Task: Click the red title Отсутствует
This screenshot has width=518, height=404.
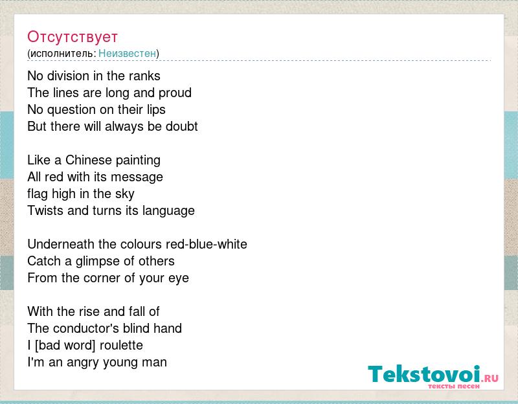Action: (x=73, y=37)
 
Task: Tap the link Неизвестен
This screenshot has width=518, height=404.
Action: (x=127, y=53)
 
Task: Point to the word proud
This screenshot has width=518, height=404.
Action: (x=175, y=93)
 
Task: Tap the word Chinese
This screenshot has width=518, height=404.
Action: (x=89, y=160)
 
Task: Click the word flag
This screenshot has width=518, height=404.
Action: (x=38, y=194)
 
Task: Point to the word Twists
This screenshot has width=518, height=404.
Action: (x=45, y=210)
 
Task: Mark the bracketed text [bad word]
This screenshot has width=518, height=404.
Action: (x=65, y=346)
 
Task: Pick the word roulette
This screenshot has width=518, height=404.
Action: (x=121, y=345)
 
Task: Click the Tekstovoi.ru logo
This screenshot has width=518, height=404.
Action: (x=433, y=376)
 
